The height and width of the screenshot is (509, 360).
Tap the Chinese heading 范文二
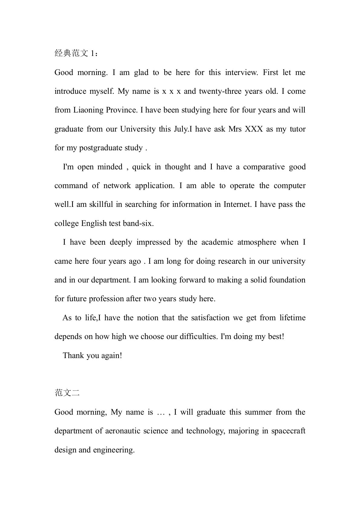click(67, 393)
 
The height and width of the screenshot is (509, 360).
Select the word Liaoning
click(89, 110)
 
